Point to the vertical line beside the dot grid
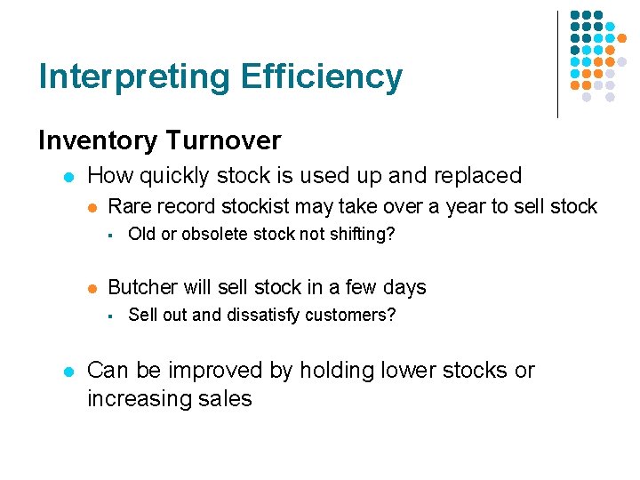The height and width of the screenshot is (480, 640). coord(557,64)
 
